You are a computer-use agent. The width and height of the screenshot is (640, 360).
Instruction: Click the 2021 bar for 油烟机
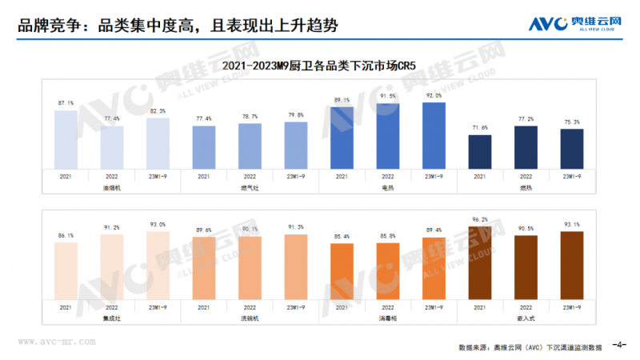[x=66, y=139]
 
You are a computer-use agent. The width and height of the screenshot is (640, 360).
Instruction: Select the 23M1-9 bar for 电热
[x=434, y=134]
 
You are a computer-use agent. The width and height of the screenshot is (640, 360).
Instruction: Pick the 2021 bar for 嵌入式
[x=480, y=262]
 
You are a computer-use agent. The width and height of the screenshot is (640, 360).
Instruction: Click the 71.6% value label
[x=480, y=128]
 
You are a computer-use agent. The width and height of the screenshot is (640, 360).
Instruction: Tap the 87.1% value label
[x=66, y=103]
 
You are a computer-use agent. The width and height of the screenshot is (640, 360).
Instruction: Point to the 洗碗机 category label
[x=250, y=318]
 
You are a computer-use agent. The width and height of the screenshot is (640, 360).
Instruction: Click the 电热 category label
[x=388, y=187]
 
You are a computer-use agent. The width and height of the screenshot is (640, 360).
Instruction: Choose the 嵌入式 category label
[x=526, y=318]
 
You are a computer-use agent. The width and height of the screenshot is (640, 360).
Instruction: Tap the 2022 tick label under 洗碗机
[x=250, y=306]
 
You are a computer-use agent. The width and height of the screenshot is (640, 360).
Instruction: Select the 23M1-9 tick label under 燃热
[x=571, y=176]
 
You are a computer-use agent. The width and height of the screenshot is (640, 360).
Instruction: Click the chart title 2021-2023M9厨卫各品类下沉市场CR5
[x=320, y=64]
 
